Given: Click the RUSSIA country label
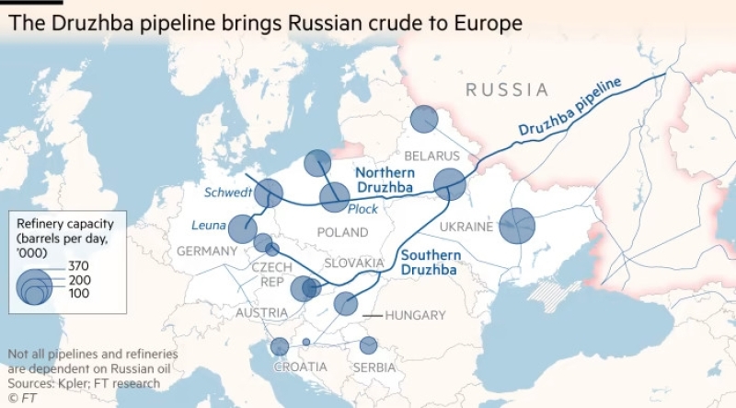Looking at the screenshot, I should click(507, 89).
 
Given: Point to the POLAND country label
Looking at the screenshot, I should click(341, 232).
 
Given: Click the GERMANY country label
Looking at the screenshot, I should click(207, 251).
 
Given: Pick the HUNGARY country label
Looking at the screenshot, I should click(415, 315).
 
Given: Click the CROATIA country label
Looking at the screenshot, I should click(301, 367).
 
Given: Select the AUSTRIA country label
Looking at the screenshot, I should click(261, 313).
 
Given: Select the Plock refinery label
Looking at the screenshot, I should click(362, 209).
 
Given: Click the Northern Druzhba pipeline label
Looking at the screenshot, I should click(385, 181).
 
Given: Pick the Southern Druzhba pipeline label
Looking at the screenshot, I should click(430, 262).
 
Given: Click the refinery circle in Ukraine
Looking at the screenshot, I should click(517, 225).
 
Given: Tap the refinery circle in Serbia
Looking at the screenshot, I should click(368, 345).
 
